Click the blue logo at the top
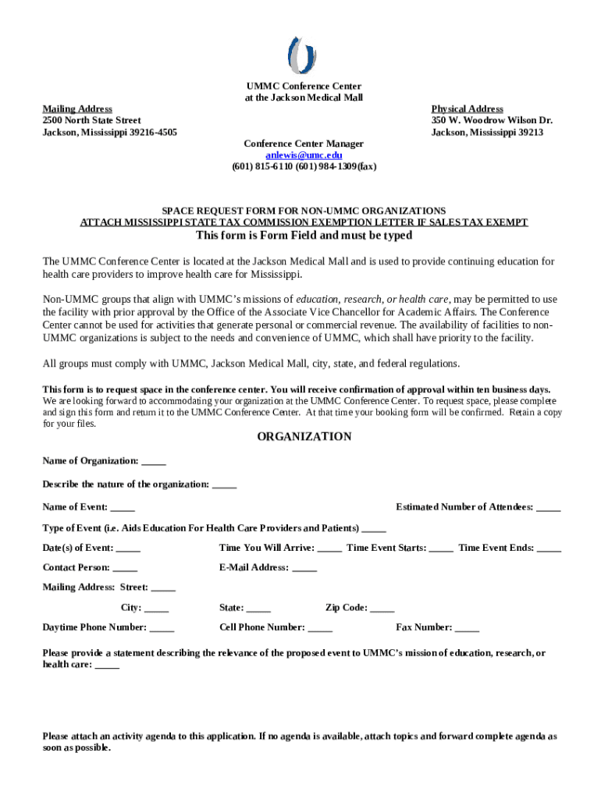303,55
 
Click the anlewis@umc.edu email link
304,155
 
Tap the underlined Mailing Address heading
77,109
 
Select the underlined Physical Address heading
468,109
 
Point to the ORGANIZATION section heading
304,437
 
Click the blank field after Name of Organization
154,462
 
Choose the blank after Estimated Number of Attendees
548,508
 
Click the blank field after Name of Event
123,508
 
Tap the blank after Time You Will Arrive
329,549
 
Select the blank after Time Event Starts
441,549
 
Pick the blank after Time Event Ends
549,549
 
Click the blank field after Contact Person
125,568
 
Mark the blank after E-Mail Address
304,568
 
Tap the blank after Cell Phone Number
320,628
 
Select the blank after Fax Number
467,628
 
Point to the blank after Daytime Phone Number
162,628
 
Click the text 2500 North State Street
92,121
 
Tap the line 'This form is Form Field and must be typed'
304,236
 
